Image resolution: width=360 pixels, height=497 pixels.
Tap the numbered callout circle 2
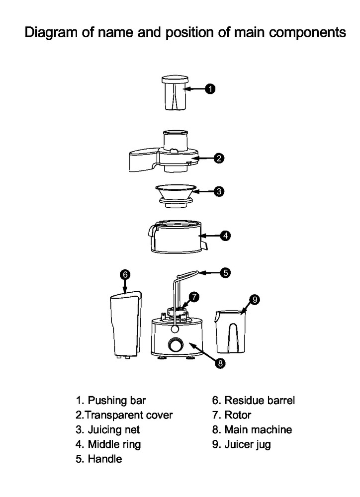219,159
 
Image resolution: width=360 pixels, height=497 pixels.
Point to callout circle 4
226,236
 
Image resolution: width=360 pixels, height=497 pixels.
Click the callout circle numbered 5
225,272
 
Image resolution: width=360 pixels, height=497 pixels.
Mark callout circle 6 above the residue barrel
125,274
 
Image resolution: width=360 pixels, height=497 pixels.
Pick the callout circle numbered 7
194,297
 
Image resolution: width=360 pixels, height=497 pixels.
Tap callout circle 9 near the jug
254,299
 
